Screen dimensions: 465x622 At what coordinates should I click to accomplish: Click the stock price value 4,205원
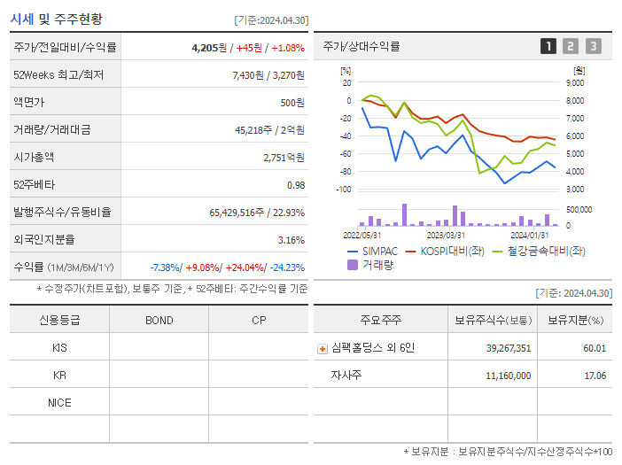coord(209,47)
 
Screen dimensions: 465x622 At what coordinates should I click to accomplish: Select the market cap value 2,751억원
coord(284,157)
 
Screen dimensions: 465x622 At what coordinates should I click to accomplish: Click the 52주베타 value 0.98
coord(295,184)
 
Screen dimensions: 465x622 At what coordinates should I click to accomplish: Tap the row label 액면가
coord(30,102)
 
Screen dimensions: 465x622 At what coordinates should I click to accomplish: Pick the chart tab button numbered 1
coord(548,46)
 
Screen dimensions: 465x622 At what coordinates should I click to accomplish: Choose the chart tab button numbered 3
coord(593,46)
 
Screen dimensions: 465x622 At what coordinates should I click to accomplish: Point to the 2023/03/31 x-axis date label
coord(446,235)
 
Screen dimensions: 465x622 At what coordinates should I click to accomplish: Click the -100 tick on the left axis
coord(343,190)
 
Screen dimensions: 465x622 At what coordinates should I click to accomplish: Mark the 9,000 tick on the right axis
coord(574,82)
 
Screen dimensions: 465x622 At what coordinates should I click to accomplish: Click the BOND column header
coord(159,320)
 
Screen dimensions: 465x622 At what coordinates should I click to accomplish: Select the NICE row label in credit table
coord(59,402)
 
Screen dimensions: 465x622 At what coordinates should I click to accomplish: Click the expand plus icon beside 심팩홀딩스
coord(323,348)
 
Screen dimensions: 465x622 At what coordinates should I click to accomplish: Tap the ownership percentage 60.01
coord(595,348)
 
